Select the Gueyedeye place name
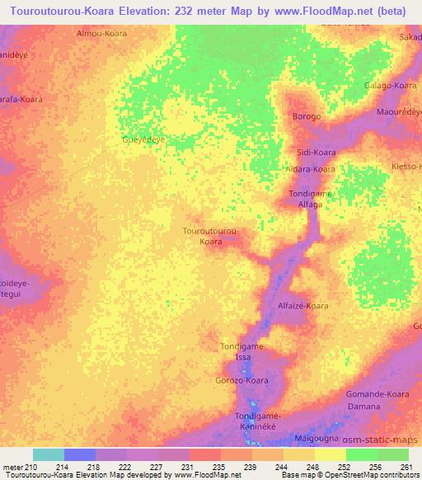click(x=144, y=139)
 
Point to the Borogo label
click(x=307, y=116)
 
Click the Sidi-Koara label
click(x=316, y=153)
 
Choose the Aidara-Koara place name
click(x=310, y=169)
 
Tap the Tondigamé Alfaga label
click(x=310, y=199)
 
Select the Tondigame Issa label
click(x=241, y=352)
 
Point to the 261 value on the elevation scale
click(x=405, y=467)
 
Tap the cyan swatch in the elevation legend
click(x=49, y=454)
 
